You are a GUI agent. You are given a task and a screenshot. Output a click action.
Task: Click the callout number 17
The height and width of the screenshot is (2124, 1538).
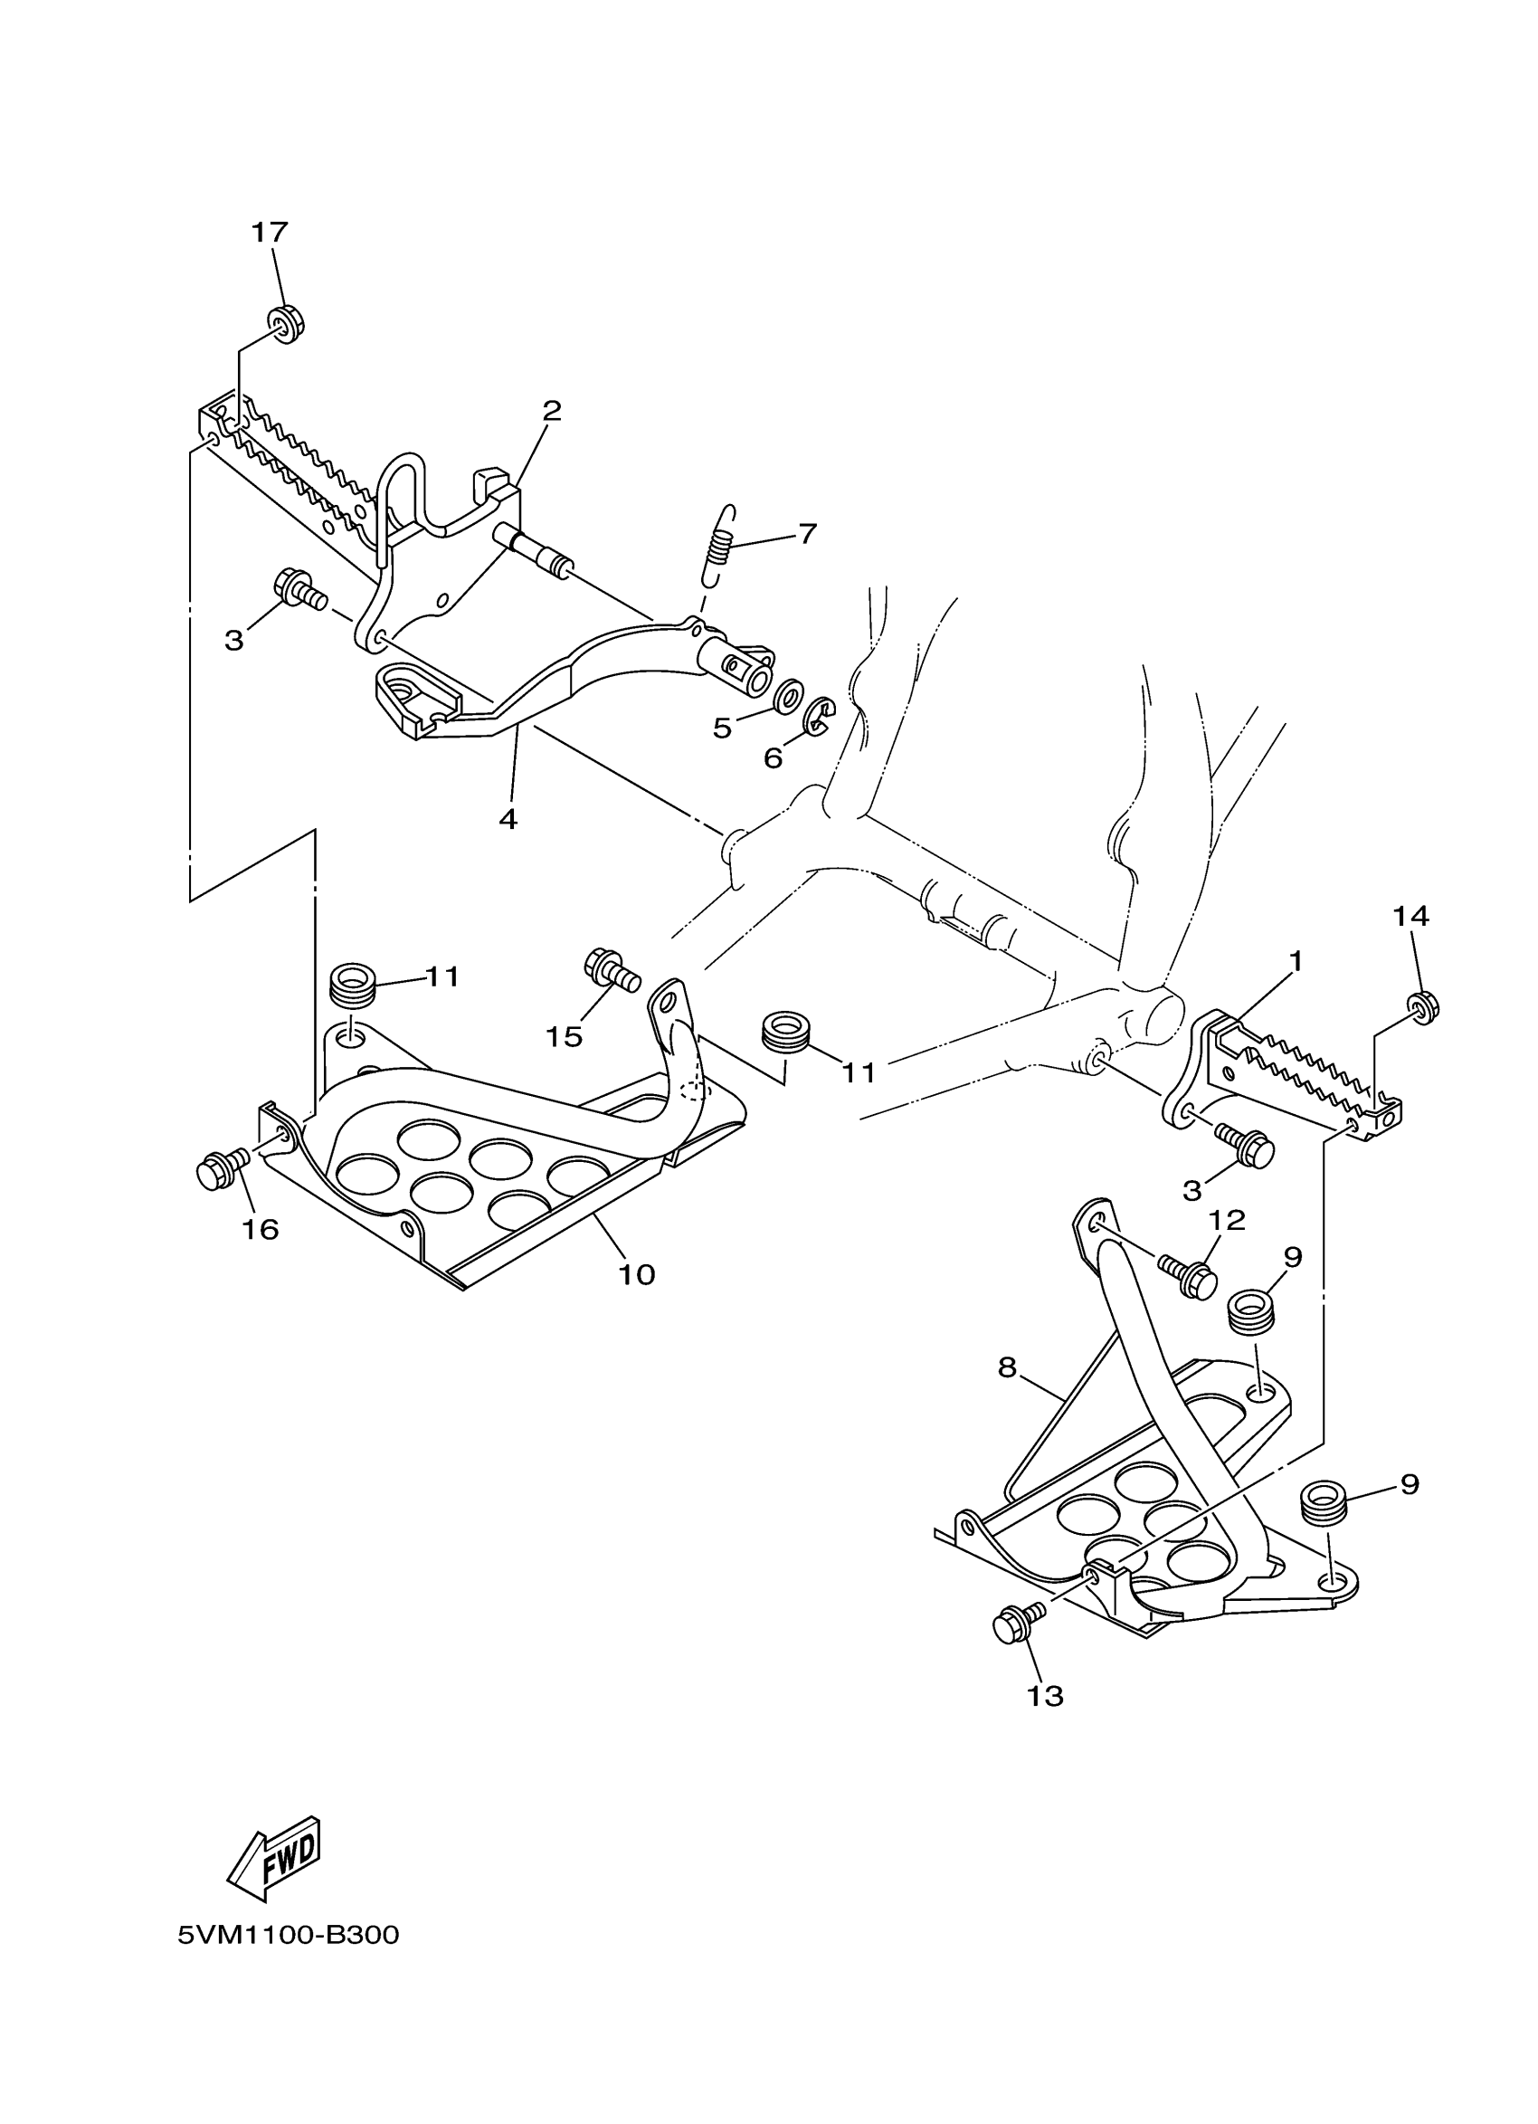click(269, 233)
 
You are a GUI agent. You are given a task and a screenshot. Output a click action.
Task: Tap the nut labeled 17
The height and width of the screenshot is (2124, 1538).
click(289, 324)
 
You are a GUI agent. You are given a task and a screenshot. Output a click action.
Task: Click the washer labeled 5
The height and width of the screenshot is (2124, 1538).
click(788, 697)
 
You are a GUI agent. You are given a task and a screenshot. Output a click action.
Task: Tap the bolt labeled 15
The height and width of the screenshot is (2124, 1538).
click(611, 969)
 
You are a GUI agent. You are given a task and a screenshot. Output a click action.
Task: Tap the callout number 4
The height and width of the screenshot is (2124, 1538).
click(508, 819)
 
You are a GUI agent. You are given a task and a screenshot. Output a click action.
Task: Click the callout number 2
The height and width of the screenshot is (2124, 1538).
click(551, 410)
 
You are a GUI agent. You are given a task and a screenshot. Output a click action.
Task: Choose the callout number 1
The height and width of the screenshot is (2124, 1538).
click(1296, 961)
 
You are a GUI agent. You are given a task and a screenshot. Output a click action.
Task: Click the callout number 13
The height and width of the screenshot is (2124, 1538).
click(1046, 1696)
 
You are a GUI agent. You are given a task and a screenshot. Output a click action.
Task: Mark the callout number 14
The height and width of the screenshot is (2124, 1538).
click(1410, 917)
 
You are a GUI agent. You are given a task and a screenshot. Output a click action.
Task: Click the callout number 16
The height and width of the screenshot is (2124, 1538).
click(261, 1230)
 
